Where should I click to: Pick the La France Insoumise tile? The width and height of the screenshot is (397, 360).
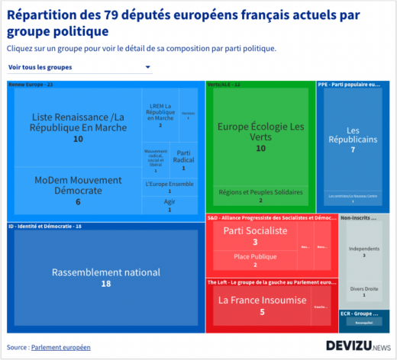coord(260,305)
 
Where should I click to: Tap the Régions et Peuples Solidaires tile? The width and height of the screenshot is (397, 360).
coord(260,195)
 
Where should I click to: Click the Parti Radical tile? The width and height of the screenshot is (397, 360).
coord(183,156)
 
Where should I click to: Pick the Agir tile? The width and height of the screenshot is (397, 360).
coord(169,204)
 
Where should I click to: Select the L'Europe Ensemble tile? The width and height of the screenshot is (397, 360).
coord(169,187)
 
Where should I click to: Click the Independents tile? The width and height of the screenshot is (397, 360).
coord(363,251)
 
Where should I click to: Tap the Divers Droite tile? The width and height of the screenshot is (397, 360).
coord(363,291)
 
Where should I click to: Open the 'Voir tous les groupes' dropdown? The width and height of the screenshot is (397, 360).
coord(79,67)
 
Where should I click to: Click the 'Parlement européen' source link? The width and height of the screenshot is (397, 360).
coord(60,347)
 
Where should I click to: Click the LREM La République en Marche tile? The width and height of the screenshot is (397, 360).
coord(160,115)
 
